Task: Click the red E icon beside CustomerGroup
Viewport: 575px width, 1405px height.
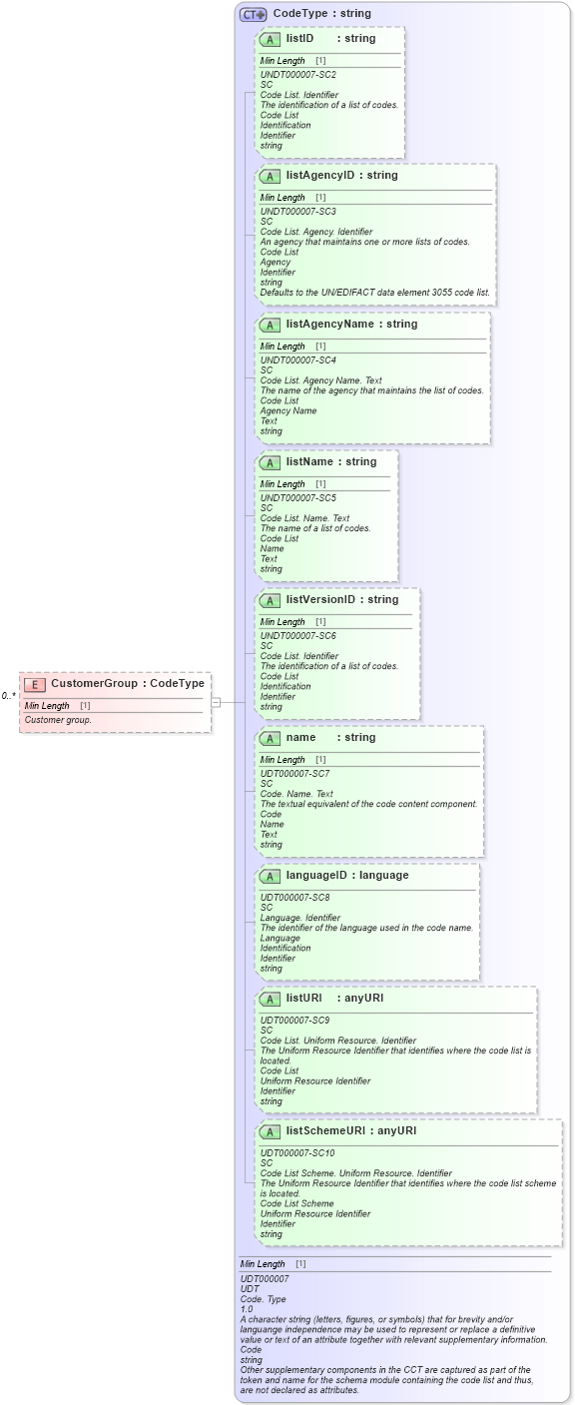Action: click(35, 684)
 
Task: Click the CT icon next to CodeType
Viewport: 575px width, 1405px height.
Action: click(254, 14)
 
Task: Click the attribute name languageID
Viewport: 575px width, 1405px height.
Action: click(319, 876)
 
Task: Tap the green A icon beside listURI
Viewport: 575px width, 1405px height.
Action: click(270, 999)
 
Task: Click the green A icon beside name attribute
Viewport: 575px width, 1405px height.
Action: click(270, 738)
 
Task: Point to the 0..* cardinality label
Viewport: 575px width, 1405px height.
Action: click(8, 695)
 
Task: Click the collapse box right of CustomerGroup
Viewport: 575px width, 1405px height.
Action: click(216, 702)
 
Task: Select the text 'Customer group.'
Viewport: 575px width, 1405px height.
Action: click(58, 720)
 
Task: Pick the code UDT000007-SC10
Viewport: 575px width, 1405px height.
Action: click(297, 1153)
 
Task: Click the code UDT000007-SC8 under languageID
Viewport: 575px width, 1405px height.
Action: click(295, 898)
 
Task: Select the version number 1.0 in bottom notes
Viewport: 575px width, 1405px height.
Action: click(247, 1309)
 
